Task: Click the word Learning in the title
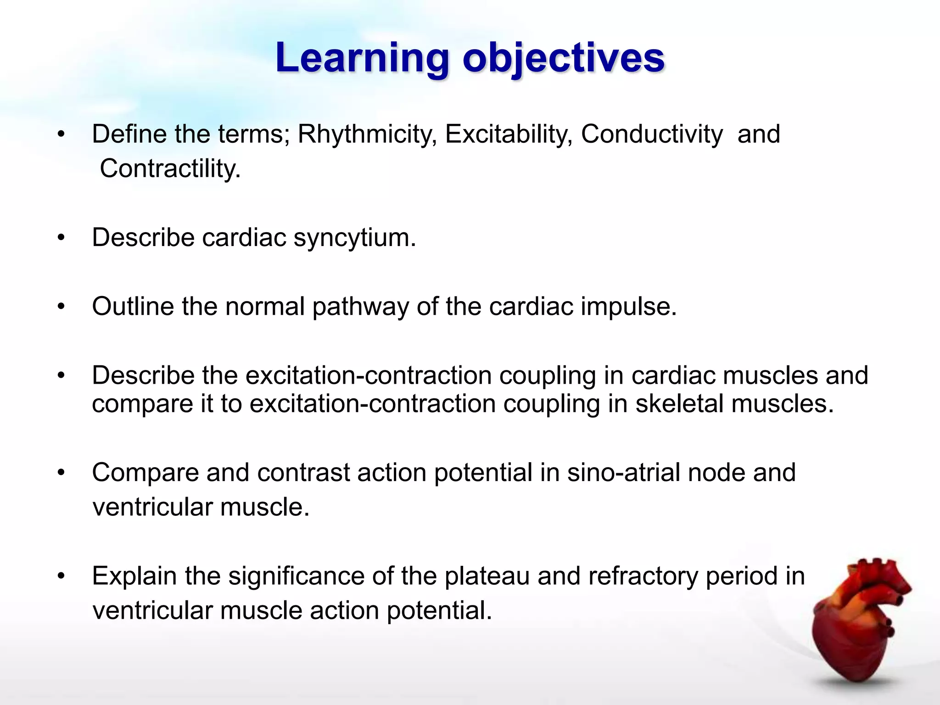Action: click(x=362, y=59)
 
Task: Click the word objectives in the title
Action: click(x=564, y=59)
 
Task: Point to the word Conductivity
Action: click(x=652, y=134)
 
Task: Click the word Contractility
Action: click(x=170, y=168)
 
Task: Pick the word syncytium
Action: click(x=354, y=238)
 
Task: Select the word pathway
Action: click(x=360, y=306)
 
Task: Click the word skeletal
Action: click(x=679, y=404)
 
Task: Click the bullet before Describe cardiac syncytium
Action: click(x=62, y=238)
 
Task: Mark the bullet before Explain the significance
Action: click(x=62, y=576)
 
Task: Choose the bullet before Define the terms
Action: click(x=62, y=134)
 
